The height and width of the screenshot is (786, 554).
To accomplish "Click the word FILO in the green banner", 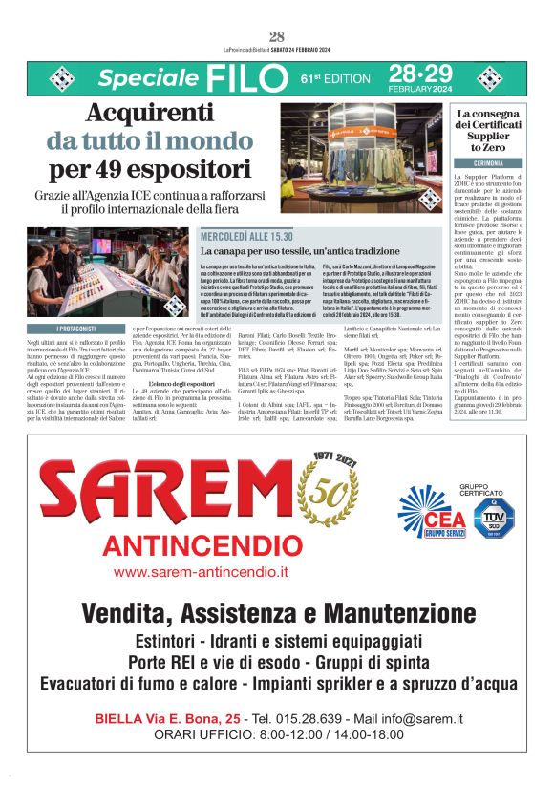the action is [245, 77].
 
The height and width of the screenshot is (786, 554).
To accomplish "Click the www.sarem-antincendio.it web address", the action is [201, 572].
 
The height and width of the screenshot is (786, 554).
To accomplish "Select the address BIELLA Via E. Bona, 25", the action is [167, 718].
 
